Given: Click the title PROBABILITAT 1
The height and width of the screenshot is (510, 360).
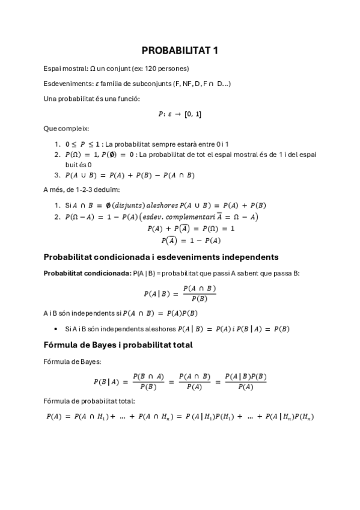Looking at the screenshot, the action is pos(180,51).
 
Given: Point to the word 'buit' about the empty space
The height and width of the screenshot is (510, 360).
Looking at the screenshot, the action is pos(72,164).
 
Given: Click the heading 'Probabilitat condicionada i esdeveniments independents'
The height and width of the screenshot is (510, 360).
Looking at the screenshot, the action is pos(161,257).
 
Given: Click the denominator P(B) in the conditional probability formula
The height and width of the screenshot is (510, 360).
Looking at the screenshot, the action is pos(199,299).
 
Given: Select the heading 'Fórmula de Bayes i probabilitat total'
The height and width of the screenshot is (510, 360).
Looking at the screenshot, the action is pos(118,345).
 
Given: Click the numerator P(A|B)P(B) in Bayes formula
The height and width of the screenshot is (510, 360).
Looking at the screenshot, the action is pos(245,376).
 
